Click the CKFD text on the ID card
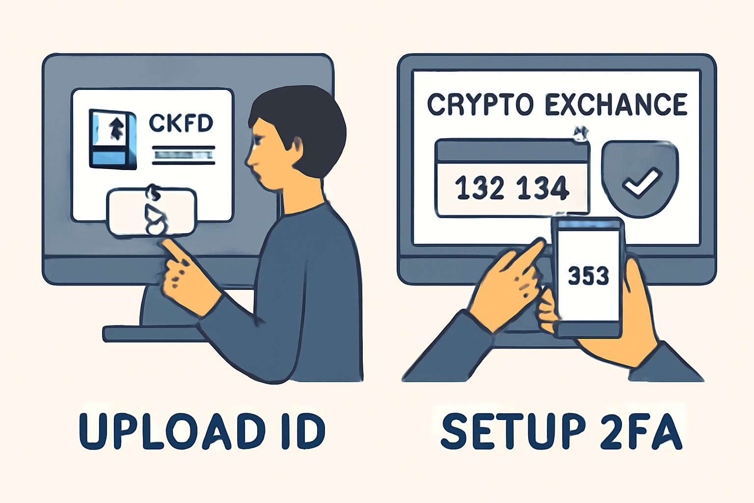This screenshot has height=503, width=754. point(181,123)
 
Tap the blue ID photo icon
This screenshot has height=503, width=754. point(113,139)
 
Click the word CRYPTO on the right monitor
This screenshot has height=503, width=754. point(481,105)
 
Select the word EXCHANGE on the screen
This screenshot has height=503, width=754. point(616,105)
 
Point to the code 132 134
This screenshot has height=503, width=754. point(512,187)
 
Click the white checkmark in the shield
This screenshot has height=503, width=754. point(642,182)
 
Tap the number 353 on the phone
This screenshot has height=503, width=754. point(589,276)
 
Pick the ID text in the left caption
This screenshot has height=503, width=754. point(303,432)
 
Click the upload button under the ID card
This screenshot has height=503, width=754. point(152,212)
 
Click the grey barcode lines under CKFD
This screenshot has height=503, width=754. point(184,155)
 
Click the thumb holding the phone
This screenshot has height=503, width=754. point(636,286)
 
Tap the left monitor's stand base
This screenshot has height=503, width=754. point(155,334)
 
